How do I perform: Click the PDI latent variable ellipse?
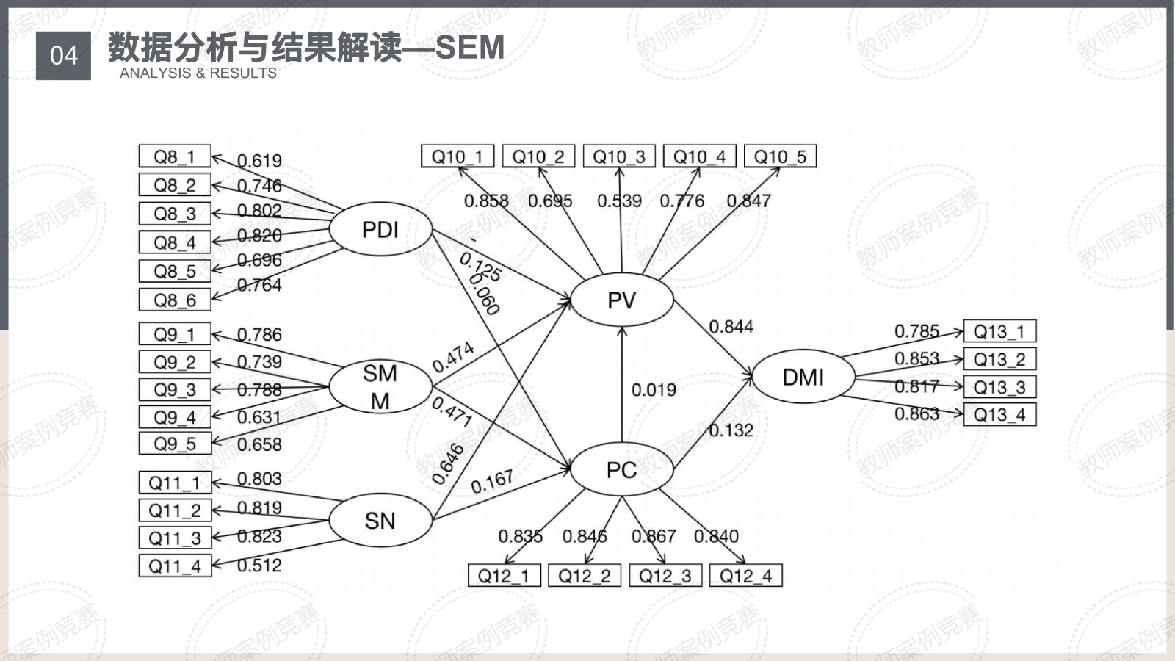click(x=380, y=230)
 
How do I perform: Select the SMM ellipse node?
click(x=380, y=387)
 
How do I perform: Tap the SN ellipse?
click(x=380, y=521)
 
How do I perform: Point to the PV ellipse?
click(x=621, y=300)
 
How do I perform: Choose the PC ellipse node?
click(x=621, y=470)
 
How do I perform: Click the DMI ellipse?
click(x=803, y=377)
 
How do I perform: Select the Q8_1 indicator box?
click(x=175, y=156)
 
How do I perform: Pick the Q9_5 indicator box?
click(x=175, y=444)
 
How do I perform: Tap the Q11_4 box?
click(x=175, y=566)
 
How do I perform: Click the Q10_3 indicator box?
click(x=619, y=156)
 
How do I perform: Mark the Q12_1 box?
click(x=504, y=576)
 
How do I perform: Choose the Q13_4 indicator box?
click(x=999, y=415)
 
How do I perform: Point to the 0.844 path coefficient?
click(x=731, y=327)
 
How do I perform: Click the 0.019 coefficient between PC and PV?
click(x=654, y=390)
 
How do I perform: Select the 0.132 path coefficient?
click(x=731, y=430)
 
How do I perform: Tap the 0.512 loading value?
click(x=259, y=566)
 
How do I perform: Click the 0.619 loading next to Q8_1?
click(x=259, y=161)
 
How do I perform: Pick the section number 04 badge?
click(x=63, y=55)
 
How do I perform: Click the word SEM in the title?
click(x=470, y=48)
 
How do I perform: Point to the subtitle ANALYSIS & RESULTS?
click(x=198, y=73)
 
